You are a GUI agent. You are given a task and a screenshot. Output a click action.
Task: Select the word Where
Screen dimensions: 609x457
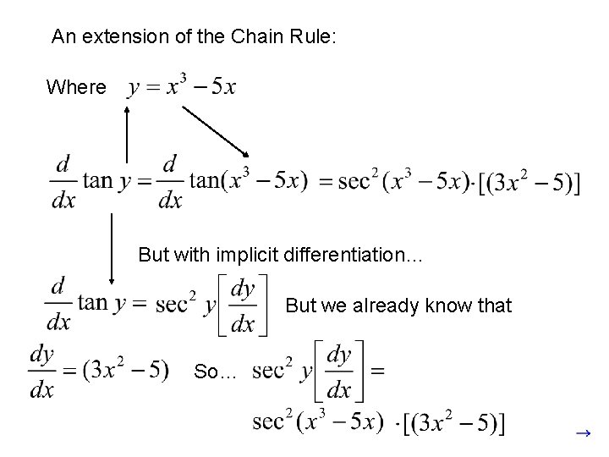[x=76, y=87]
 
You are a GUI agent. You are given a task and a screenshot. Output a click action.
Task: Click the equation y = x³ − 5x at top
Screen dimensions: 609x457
[x=182, y=86]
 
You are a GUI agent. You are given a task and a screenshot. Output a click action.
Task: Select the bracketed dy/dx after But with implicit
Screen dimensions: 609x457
[x=244, y=306]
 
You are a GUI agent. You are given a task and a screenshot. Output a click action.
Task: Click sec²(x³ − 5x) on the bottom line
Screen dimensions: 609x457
[x=318, y=421]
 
